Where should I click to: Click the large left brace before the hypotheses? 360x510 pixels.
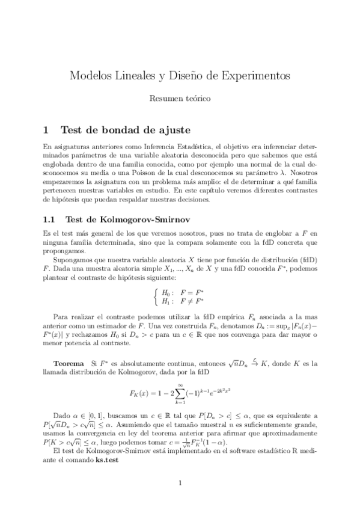coord(156,297)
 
